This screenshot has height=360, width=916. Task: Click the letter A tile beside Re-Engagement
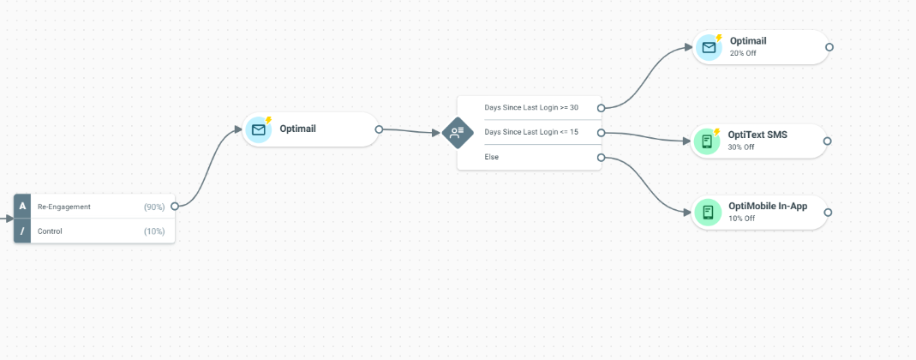pyautogui.click(x=22, y=207)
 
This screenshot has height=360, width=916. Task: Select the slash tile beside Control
pyautogui.click(x=22, y=231)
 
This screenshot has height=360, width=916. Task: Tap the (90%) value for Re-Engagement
pyautogui.click(x=154, y=207)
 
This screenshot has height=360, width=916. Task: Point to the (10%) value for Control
pyautogui.click(x=154, y=231)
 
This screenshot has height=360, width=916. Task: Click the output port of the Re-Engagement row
pyautogui.click(x=175, y=207)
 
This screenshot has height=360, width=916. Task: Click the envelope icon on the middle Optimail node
pyautogui.click(x=258, y=129)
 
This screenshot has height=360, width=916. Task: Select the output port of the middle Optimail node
pyautogui.click(x=379, y=129)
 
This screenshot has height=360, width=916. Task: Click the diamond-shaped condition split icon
pyautogui.click(x=458, y=133)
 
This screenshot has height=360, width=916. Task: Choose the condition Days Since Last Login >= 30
pyautogui.click(x=531, y=107)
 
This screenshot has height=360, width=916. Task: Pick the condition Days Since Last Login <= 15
pyautogui.click(x=531, y=132)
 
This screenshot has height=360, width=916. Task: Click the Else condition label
pyautogui.click(x=492, y=157)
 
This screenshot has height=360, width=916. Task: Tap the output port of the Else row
pyautogui.click(x=601, y=157)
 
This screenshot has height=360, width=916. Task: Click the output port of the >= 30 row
pyautogui.click(x=601, y=108)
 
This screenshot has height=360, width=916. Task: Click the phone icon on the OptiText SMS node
pyautogui.click(x=707, y=141)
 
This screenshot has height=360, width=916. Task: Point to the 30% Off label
pyautogui.click(x=741, y=147)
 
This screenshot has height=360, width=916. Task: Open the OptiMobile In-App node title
pyautogui.click(x=768, y=207)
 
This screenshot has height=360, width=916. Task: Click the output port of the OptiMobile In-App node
pyautogui.click(x=828, y=213)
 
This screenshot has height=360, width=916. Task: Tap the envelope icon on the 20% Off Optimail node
pyautogui.click(x=709, y=47)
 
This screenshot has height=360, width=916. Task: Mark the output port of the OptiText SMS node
pyautogui.click(x=827, y=141)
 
